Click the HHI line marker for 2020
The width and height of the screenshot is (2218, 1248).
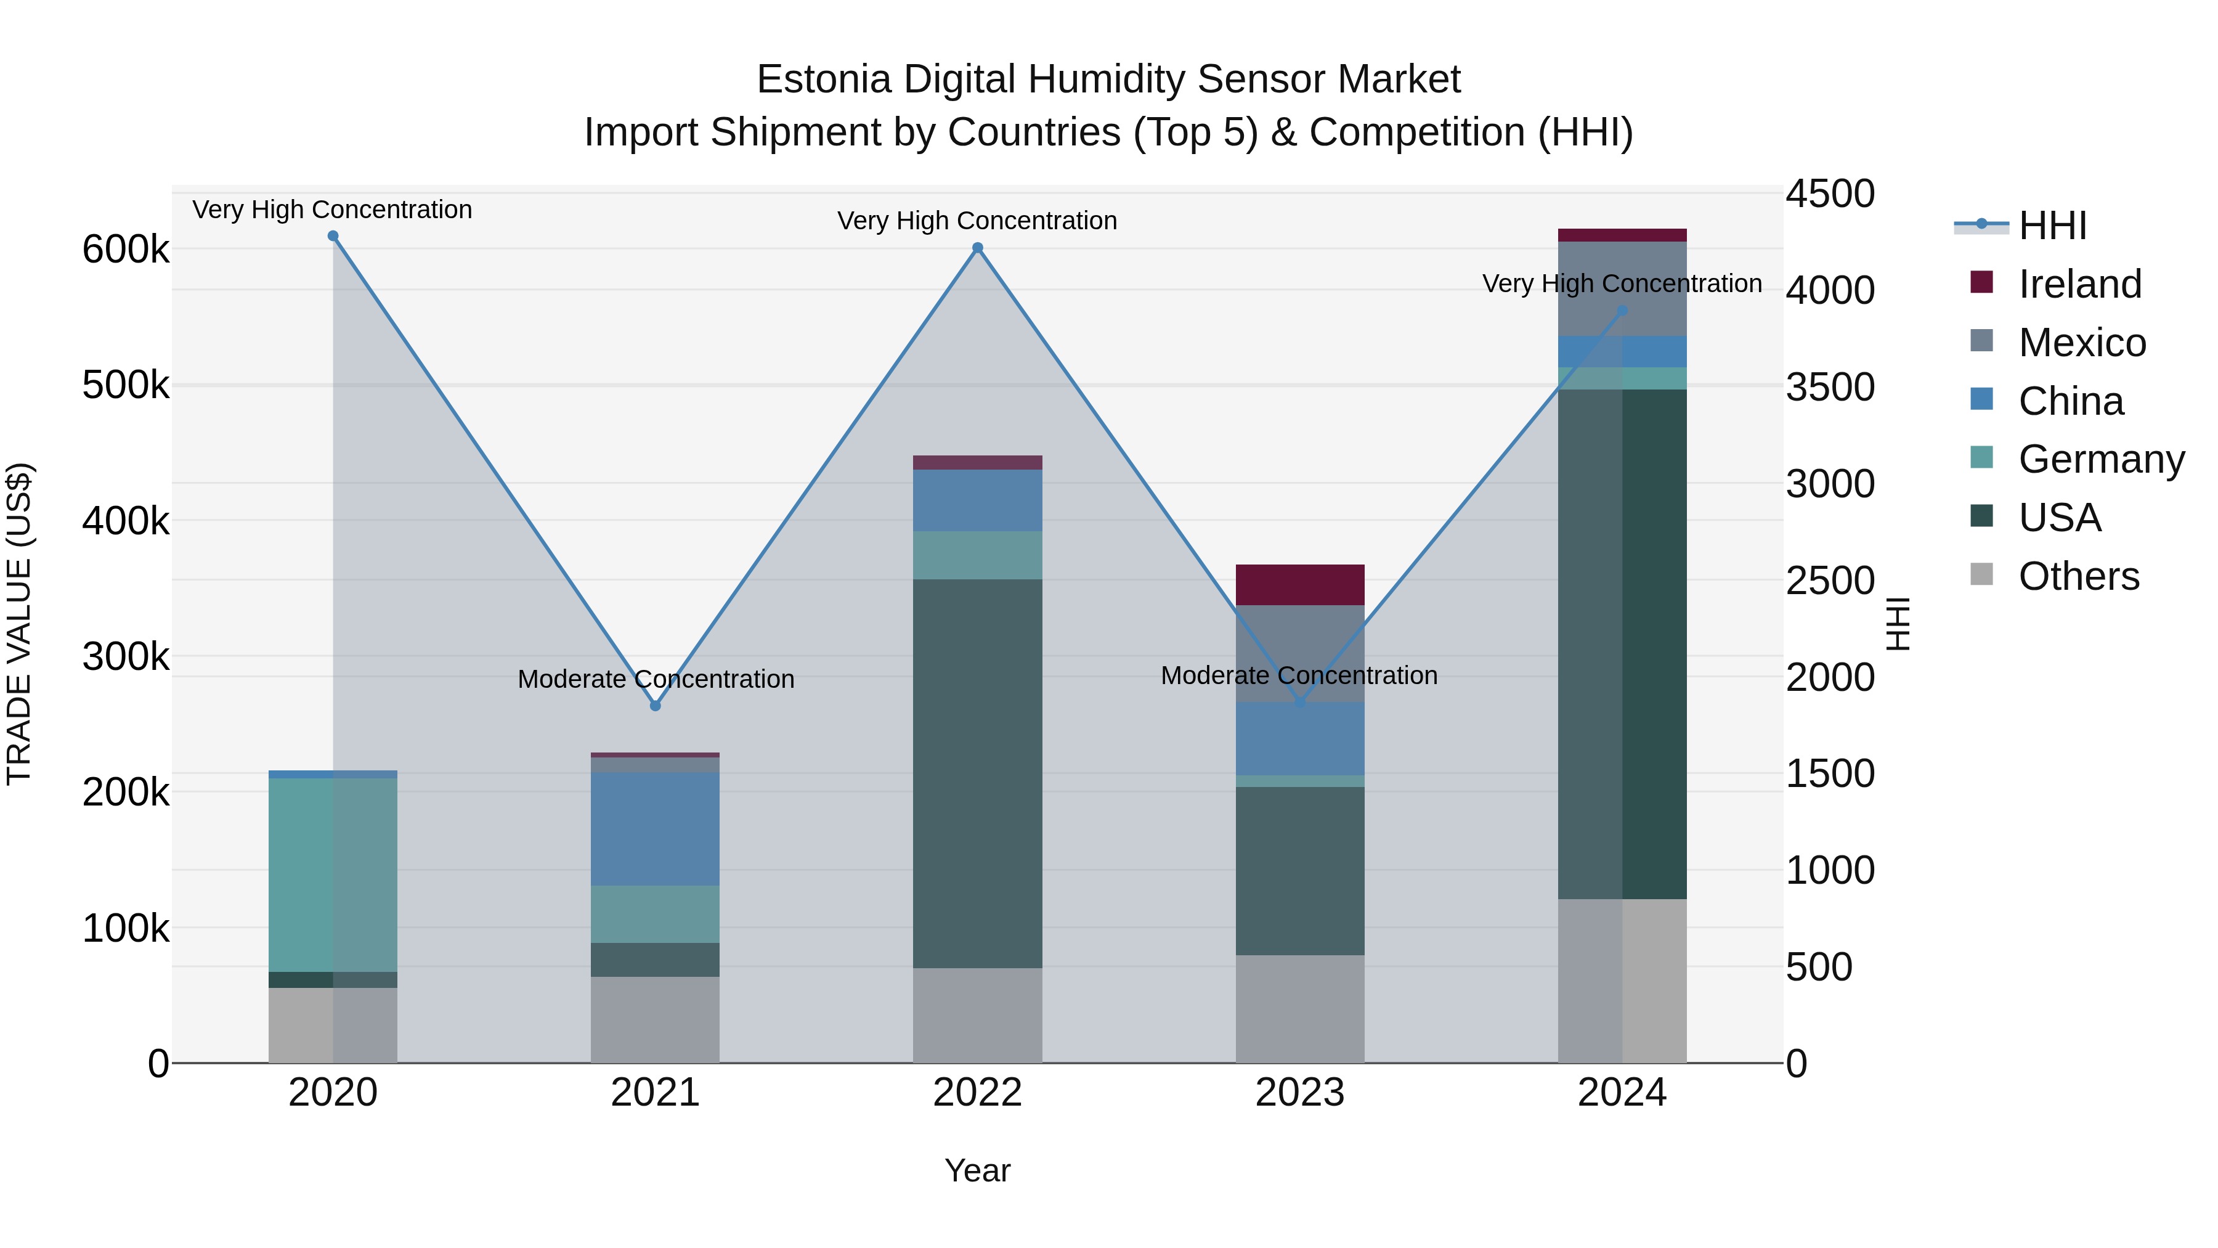click(333, 236)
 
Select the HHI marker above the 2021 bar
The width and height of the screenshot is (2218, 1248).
click(656, 706)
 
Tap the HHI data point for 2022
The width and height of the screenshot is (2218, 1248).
click(977, 248)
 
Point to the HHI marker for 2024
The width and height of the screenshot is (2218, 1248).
click(1622, 311)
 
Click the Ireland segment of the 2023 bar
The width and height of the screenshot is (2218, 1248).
click(1299, 585)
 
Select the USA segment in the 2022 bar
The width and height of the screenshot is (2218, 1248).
click(977, 773)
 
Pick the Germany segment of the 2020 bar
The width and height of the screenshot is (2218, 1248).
click(333, 874)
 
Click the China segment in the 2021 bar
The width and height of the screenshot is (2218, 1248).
click(656, 828)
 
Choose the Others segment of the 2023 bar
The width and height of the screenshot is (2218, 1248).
click(1299, 1008)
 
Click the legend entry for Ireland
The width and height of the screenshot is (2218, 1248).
click(2079, 283)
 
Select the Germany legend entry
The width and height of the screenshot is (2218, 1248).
click(2101, 459)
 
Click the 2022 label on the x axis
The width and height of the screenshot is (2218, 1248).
click(977, 1093)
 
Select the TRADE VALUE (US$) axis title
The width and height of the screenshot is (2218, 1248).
click(19, 624)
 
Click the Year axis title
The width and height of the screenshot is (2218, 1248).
click(977, 1170)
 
